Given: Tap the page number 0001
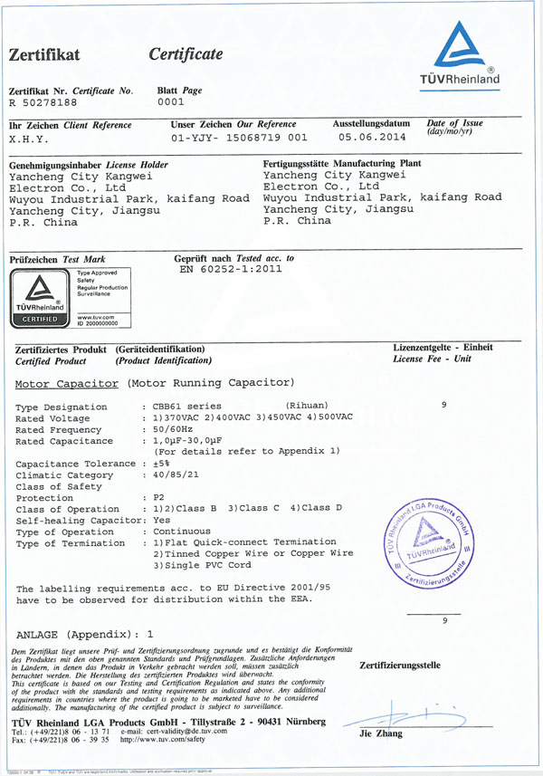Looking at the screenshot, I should pyautogui.click(x=171, y=101).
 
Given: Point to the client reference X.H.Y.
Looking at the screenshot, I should pyautogui.click(x=33, y=140).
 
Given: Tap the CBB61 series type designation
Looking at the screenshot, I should pyautogui.click(x=189, y=405).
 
